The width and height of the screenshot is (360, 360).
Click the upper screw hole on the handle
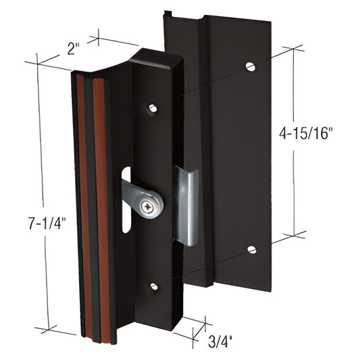(153, 107)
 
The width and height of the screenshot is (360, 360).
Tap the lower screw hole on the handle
(154, 286)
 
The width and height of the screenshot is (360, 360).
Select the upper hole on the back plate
(251, 67)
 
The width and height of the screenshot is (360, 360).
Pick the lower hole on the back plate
(251, 249)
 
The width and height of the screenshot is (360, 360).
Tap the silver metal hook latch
(186, 206)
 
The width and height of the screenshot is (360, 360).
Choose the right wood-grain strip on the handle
(101, 203)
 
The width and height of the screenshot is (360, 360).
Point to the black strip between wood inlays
(93, 203)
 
